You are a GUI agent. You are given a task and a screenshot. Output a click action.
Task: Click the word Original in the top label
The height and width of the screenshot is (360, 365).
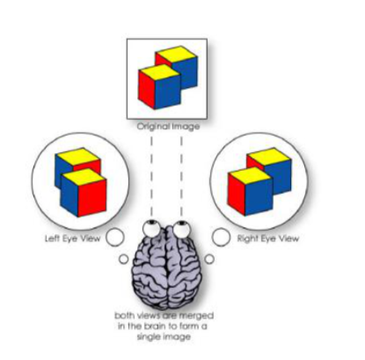point(154,127)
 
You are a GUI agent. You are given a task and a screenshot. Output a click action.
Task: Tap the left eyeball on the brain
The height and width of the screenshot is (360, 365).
point(151,229)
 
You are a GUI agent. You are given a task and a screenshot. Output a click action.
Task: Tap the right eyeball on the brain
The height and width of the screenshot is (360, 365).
point(182,229)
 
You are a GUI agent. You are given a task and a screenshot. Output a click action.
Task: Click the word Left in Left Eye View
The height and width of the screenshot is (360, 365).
point(52,238)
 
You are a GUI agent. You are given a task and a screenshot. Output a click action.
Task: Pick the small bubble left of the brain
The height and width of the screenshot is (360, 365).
point(124,259)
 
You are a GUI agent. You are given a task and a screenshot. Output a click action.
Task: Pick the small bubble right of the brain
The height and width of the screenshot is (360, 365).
point(209,259)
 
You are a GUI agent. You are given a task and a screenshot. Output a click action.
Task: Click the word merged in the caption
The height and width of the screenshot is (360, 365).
point(196,316)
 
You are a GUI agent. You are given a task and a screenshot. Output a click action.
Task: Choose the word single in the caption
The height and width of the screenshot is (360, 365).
point(148,336)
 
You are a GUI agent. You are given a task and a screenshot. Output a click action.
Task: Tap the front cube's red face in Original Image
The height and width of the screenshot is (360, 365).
point(147,88)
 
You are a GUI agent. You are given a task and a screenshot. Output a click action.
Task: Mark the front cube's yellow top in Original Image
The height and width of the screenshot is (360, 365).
point(159,71)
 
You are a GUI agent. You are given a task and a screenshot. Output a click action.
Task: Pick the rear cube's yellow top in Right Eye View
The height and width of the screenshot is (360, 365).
point(269,156)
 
